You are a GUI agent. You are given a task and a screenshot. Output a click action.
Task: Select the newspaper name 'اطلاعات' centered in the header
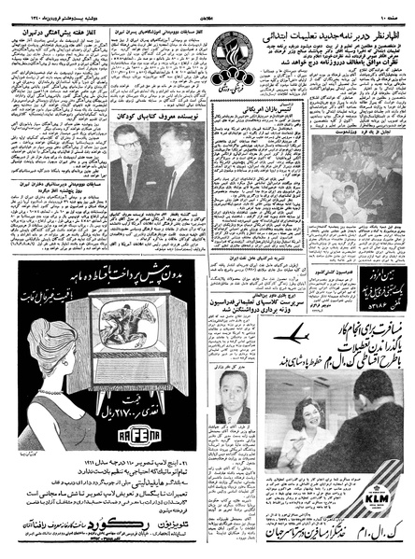point(207,8)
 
